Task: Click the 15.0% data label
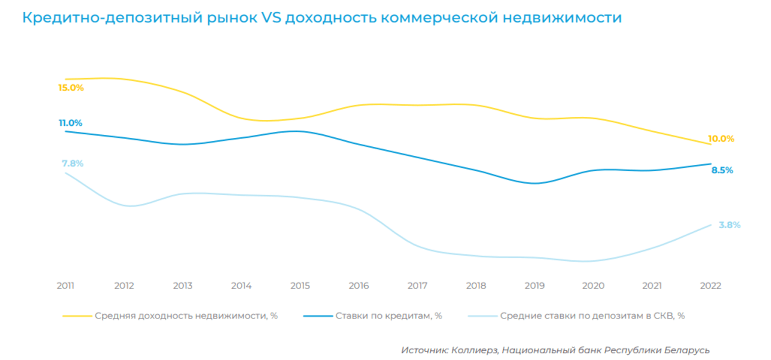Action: click(x=70, y=88)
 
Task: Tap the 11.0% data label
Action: click(x=70, y=123)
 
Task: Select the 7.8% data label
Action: click(x=72, y=164)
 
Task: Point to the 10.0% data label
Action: click(x=721, y=139)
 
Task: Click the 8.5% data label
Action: click(x=722, y=170)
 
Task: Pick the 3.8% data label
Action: click(x=729, y=225)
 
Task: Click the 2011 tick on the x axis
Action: click(x=65, y=286)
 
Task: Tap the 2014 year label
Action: click(x=241, y=286)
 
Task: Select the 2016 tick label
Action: click(x=359, y=286)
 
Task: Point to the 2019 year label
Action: click(x=535, y=286)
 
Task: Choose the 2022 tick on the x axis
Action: click(x=711, y=286)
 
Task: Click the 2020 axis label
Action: click(x=593, y=286)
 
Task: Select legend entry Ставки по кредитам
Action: click(x=389, y=315)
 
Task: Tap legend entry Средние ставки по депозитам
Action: click(x=592, y=315)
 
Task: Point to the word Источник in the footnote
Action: click(x=424, y=350)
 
